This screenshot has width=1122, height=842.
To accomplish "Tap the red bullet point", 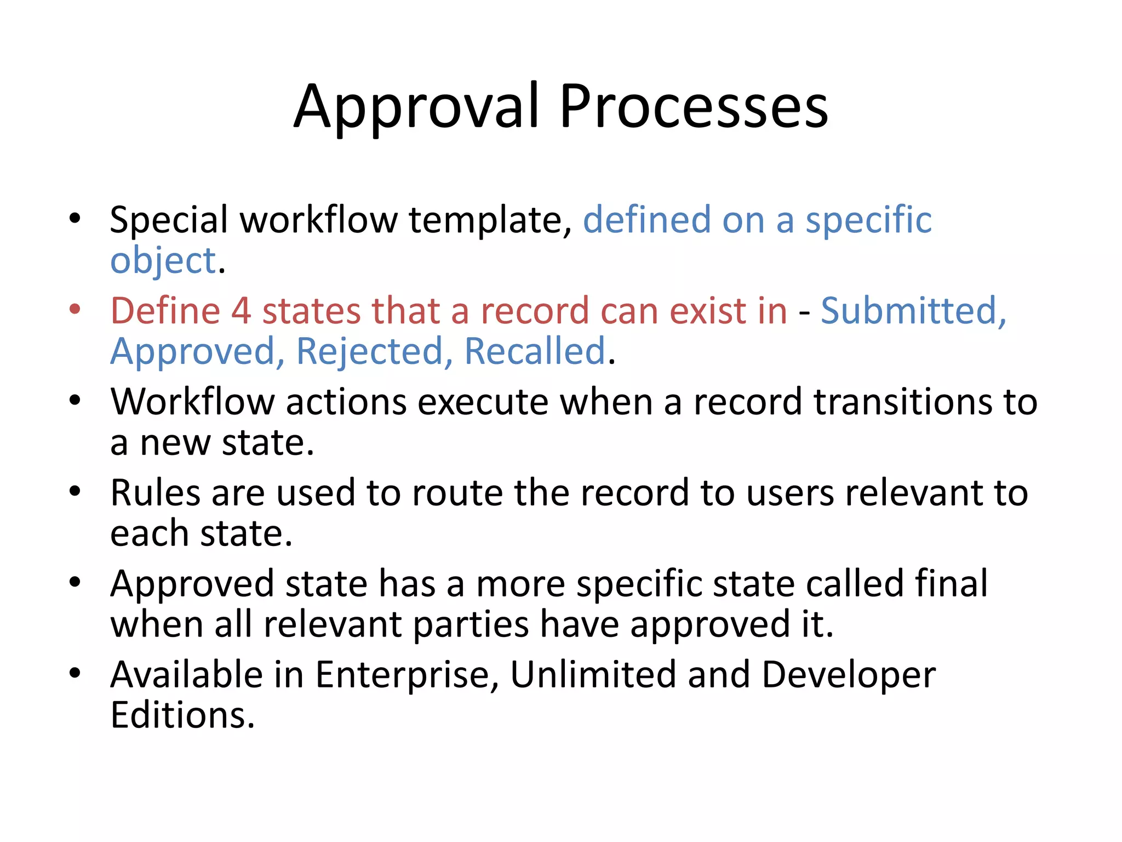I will [x=75, y=309].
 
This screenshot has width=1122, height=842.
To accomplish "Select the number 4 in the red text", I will [x=241, y=311].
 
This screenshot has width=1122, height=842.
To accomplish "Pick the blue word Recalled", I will [x=535, y=351].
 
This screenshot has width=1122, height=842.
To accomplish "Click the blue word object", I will [x=163, y=261].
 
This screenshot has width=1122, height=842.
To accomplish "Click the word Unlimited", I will [x=593, y=675].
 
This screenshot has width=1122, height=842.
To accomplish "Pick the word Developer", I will [x=849, y=676].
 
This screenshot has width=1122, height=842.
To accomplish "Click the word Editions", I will [x=182, y=715].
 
